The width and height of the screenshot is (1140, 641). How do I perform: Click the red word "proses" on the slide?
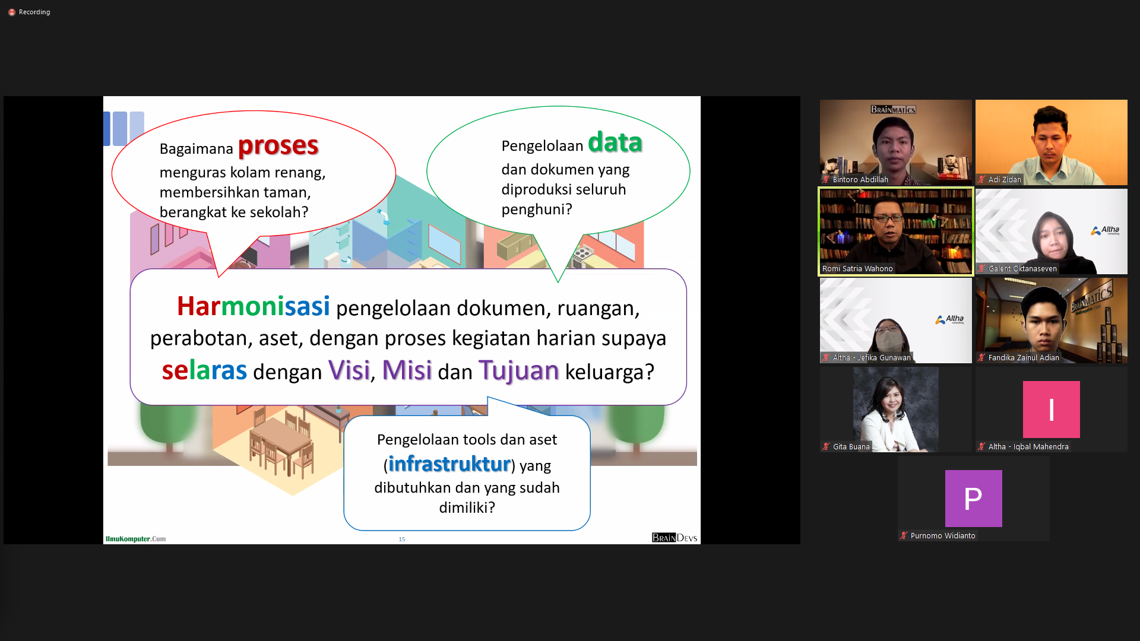[278, 146]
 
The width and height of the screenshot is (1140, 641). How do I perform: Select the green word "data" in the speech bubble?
[615, 142]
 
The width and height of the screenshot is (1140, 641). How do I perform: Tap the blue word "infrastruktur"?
[449, 464]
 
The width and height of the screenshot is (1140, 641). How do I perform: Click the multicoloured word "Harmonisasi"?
[254, 306]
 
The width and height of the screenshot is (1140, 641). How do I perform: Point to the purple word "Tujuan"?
[519, 370]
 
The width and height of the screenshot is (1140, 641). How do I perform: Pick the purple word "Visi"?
[349, 370]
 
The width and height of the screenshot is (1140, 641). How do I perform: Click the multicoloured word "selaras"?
[204, 370]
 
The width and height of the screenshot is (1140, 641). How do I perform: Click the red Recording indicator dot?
[12, 12]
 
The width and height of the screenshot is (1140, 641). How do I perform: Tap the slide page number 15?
[402, 539]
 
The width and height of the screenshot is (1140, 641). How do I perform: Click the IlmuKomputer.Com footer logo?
[136, 539]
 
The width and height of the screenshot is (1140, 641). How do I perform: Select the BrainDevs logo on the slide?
[674, 538]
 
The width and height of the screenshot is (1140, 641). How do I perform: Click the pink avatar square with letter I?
[1051, 410]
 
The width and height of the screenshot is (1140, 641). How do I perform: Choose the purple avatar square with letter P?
[974, 499]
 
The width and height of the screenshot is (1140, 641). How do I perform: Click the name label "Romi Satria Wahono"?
[857, 269]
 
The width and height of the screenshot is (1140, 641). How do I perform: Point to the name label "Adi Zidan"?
[1005, 180]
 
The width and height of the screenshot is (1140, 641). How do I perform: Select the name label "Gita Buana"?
[851, 447]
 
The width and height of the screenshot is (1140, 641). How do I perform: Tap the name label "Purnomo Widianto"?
[943, 536]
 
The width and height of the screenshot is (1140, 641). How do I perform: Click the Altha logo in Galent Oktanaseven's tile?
[1105, 230]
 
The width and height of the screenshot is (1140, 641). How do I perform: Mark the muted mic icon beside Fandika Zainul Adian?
[981, 357]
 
